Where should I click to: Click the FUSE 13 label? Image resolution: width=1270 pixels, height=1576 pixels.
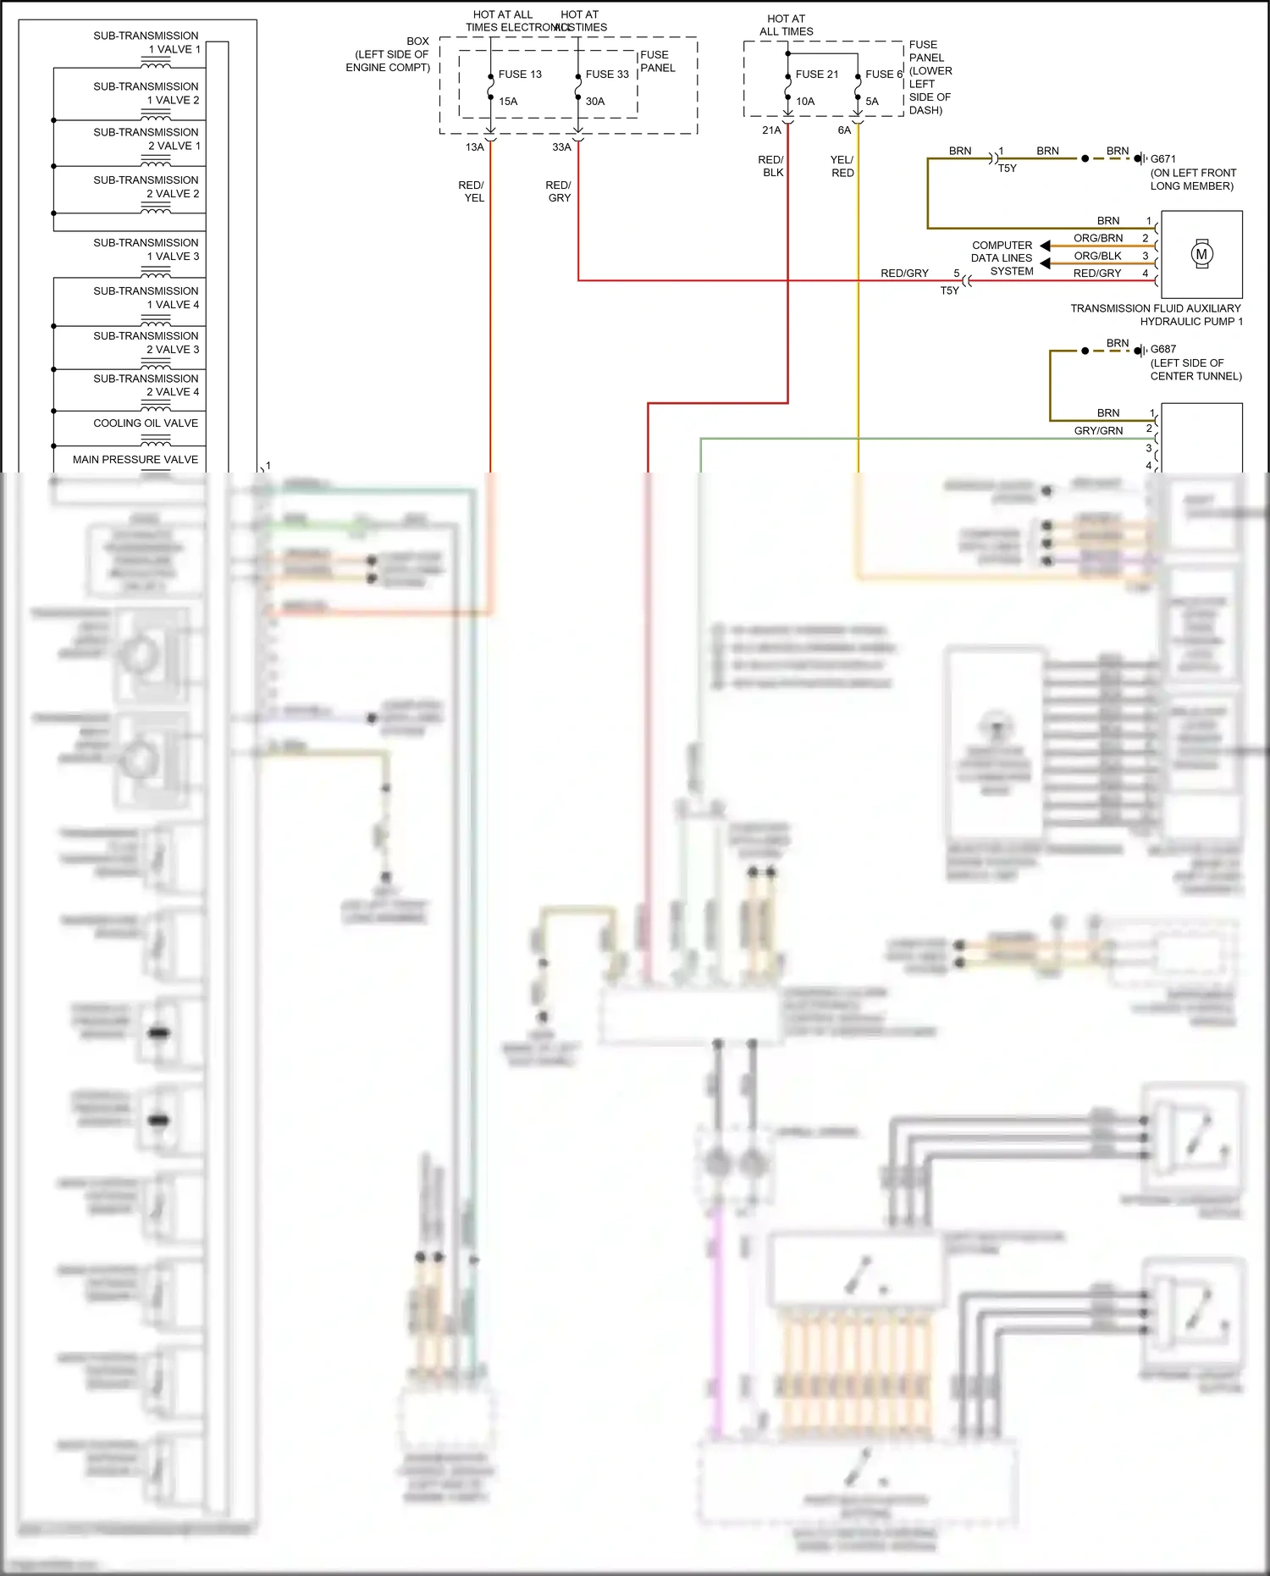520,75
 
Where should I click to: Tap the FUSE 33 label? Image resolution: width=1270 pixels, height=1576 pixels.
607,75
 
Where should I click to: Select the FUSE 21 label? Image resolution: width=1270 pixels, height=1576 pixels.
817,75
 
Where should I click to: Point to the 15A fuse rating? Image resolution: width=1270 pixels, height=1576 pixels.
508,102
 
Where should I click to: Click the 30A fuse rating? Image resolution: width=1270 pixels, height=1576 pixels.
595,102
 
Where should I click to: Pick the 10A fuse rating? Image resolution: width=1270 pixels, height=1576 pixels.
805,102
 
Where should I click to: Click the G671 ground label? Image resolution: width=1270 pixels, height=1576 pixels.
1162,159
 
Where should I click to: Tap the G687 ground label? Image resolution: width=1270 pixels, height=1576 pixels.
1162,349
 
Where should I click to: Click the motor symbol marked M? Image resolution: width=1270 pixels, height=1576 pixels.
1201,254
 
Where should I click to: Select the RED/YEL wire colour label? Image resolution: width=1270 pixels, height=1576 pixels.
472,191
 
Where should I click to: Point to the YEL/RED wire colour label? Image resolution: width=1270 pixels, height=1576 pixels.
842,166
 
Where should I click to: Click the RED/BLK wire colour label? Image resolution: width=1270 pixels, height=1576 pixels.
771,166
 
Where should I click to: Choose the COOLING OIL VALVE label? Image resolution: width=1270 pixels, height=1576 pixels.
146,423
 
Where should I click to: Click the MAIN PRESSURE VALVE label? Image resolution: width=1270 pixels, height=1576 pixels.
135,460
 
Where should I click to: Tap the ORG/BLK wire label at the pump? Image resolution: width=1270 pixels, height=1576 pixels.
1097,256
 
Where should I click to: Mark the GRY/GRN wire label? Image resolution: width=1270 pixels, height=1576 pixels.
1098,431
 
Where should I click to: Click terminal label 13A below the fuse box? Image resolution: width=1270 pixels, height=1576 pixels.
474,147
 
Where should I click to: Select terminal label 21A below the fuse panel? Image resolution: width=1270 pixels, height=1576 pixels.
771,130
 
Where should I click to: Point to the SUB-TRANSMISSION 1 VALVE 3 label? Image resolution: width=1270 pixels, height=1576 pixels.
146,250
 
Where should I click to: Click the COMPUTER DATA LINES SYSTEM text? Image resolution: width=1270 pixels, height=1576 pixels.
1002,258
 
